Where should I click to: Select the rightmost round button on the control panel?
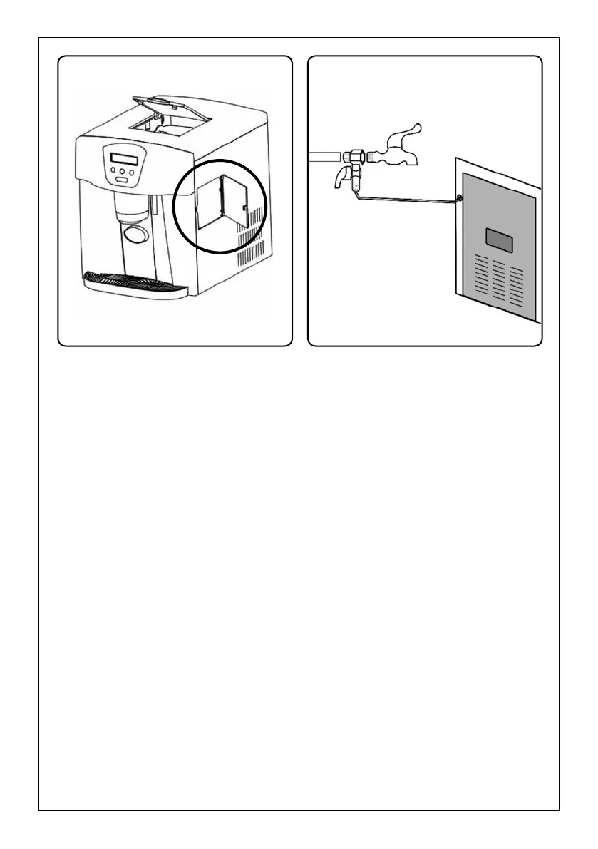point(133,171)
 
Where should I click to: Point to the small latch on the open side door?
point(244,208)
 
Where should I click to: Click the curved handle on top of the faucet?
point(406,135)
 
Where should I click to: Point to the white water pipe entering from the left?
point(325,155)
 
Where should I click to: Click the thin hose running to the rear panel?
point(406,202)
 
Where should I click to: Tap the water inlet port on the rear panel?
point(459,197)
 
